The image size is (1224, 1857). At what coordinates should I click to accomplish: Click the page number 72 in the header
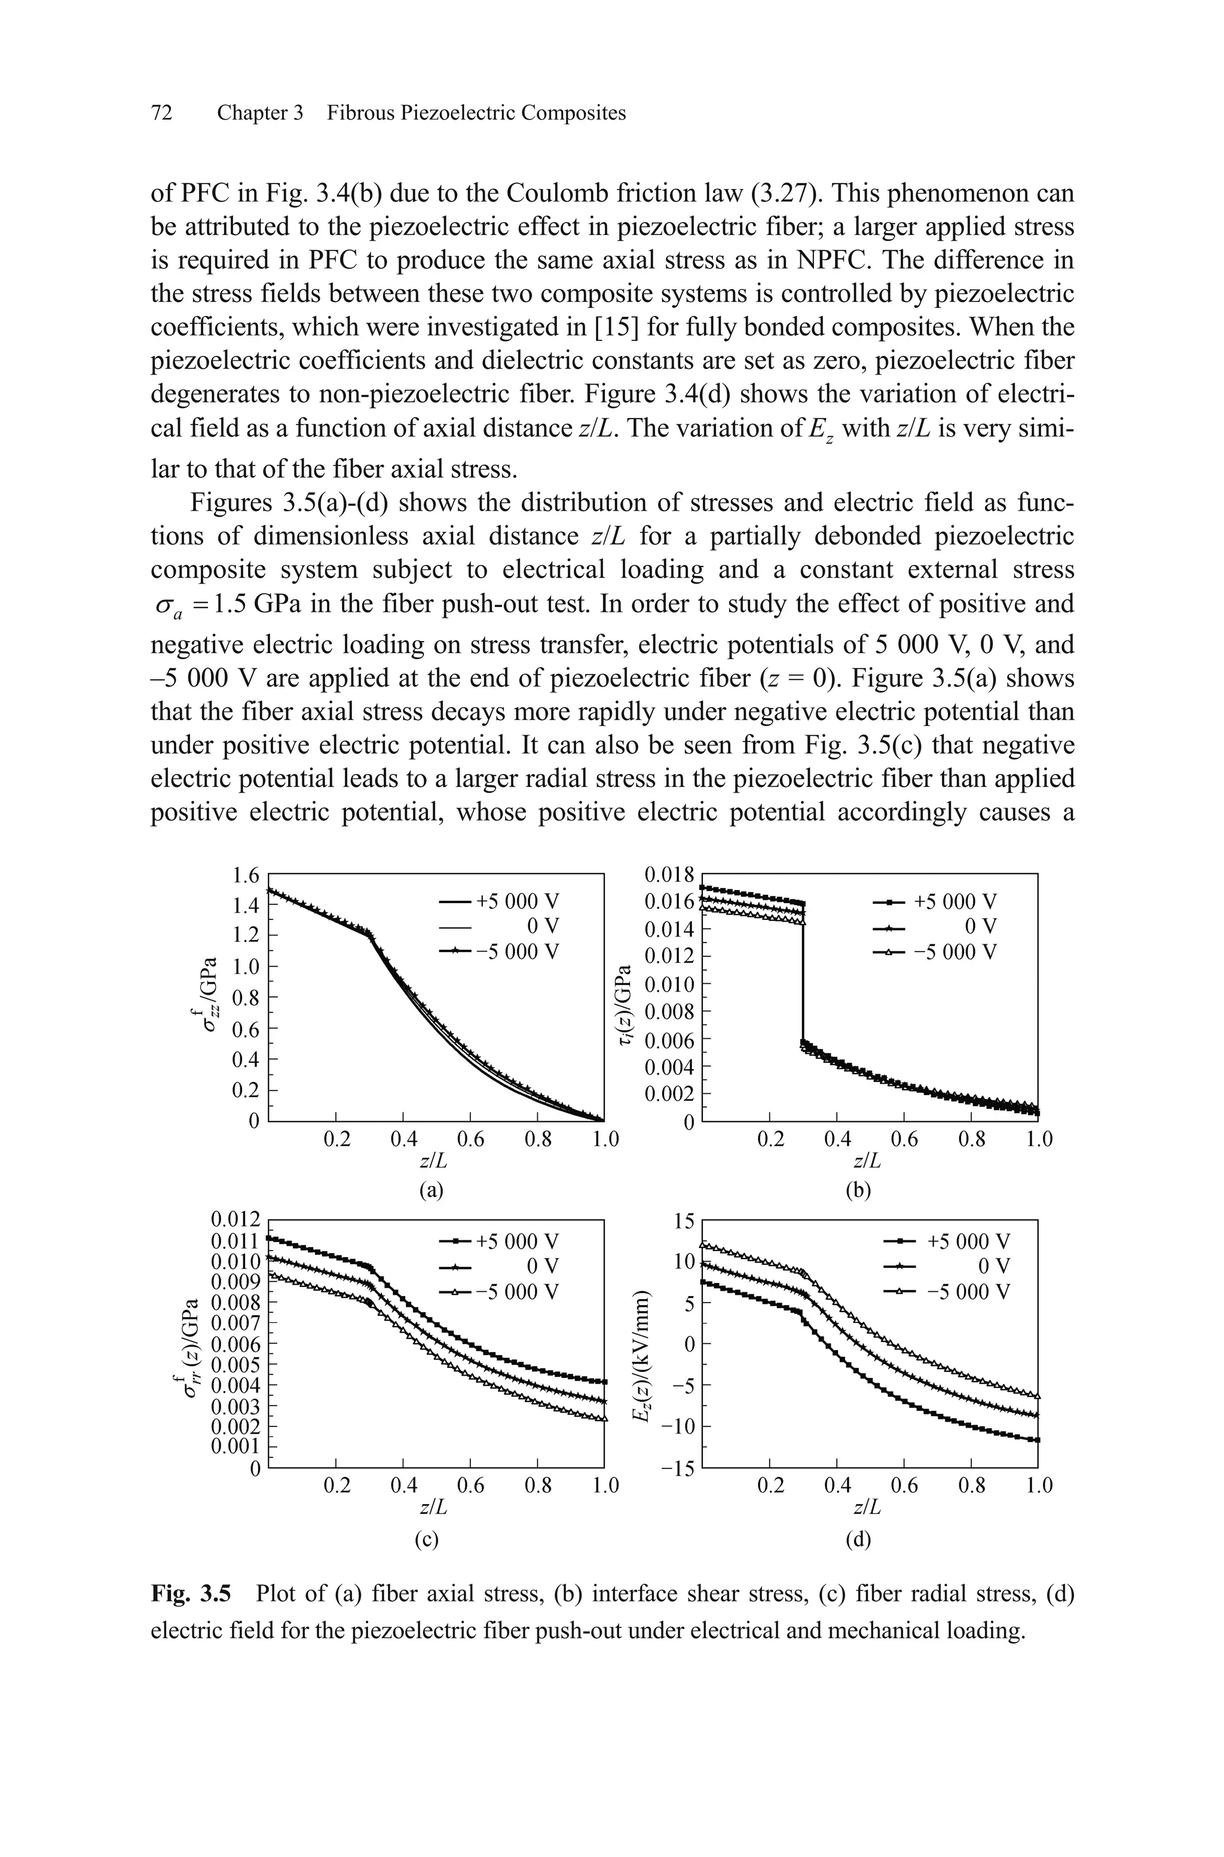point(161,113)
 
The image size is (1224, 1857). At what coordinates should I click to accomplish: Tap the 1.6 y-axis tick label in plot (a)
point(245,876)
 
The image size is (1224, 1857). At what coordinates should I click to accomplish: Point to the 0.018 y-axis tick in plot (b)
point(669,874)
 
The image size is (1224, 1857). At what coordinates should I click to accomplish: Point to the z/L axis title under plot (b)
point(867,1162)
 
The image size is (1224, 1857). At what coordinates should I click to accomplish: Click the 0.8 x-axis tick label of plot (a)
point(538,1140)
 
